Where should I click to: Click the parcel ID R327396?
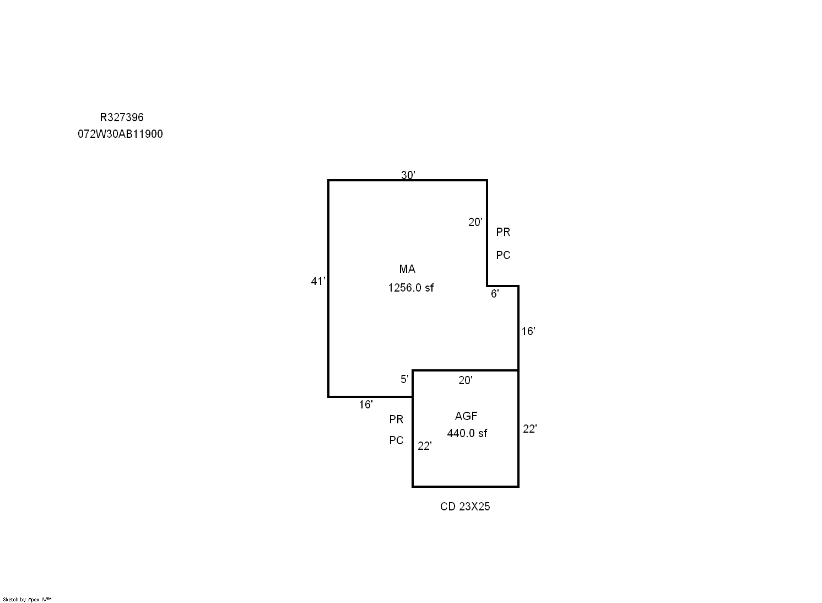122,117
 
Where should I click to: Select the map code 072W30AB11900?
120,134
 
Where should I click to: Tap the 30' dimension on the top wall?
408,175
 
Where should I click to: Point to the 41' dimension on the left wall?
318,281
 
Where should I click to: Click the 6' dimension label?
495,293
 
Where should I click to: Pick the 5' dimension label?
404,379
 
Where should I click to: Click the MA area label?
407,269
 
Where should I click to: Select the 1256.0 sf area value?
411,288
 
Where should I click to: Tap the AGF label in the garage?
466,416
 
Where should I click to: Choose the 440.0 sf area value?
467,433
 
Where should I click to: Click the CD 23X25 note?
465,507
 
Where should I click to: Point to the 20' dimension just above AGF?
466,380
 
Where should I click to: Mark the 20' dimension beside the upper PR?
475,222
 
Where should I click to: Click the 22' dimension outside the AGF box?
530,429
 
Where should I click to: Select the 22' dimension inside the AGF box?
425,446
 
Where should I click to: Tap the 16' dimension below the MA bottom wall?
366,405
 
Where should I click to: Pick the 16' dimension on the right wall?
528,331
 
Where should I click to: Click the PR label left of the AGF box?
396,419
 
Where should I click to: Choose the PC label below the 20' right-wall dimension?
503,255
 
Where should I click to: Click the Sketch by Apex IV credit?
27,600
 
